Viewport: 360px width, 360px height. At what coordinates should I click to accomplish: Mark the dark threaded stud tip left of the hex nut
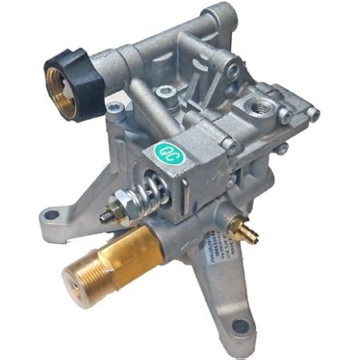coord(105,217)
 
